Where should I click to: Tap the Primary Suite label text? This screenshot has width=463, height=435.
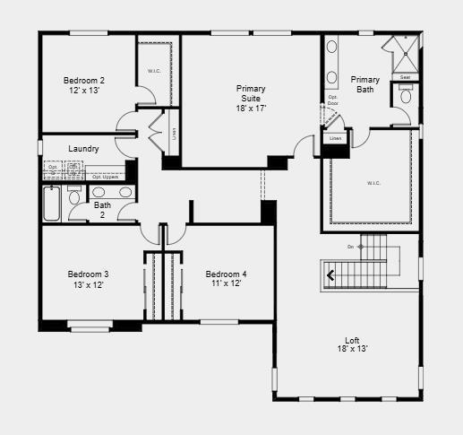(x=251, y=97)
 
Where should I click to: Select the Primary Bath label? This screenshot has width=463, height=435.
(x=364, y=84)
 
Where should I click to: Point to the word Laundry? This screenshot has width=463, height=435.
(x=83, y=149)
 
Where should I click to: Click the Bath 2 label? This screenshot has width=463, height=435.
(x=102, y=210)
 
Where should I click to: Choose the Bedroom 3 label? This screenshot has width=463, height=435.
(x=88, y=278)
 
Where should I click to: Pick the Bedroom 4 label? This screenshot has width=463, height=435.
(x=226, y=278)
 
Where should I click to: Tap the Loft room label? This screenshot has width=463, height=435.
(x=353, y=344)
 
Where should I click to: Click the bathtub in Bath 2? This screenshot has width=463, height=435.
(x=52, y=204)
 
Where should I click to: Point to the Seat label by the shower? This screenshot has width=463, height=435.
(x=405, y=78)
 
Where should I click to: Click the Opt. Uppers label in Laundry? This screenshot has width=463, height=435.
(x=104, y=177)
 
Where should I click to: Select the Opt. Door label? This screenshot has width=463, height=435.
(x=332, y=100)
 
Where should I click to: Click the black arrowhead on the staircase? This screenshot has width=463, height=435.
(x=330, y=275)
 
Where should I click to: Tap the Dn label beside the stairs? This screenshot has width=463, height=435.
(x=350, y=246)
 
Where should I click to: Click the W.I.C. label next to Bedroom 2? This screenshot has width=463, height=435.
(x=153, y=72)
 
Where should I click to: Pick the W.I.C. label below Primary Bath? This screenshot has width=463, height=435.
(x=373, y=183)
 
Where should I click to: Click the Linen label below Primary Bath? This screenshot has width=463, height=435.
(x=336, y=139)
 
